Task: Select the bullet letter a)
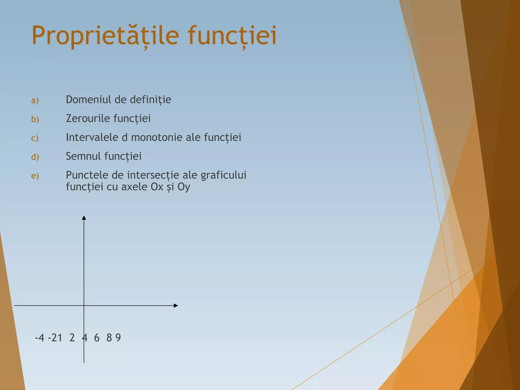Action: coord(35,100)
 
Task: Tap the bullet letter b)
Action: coord(35,119)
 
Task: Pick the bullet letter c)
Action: coord(35,138)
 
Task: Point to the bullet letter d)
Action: coord(35,157)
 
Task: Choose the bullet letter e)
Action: coord(35,176)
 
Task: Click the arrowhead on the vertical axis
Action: coord(84,218)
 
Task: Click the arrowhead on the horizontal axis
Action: coord(175,306)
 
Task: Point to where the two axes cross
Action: coord(84,306)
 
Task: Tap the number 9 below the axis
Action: coord(118,338)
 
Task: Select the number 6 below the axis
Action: coord(97,338)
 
